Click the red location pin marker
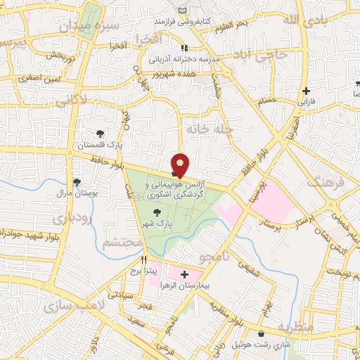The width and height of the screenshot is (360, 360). coord(180,165)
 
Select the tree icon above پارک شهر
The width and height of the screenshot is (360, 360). coord(156,212)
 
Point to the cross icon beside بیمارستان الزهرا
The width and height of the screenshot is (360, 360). coord(184,274)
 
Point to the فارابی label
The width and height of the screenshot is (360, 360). coord(307,101)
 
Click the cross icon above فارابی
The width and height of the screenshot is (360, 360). coord(306,91)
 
